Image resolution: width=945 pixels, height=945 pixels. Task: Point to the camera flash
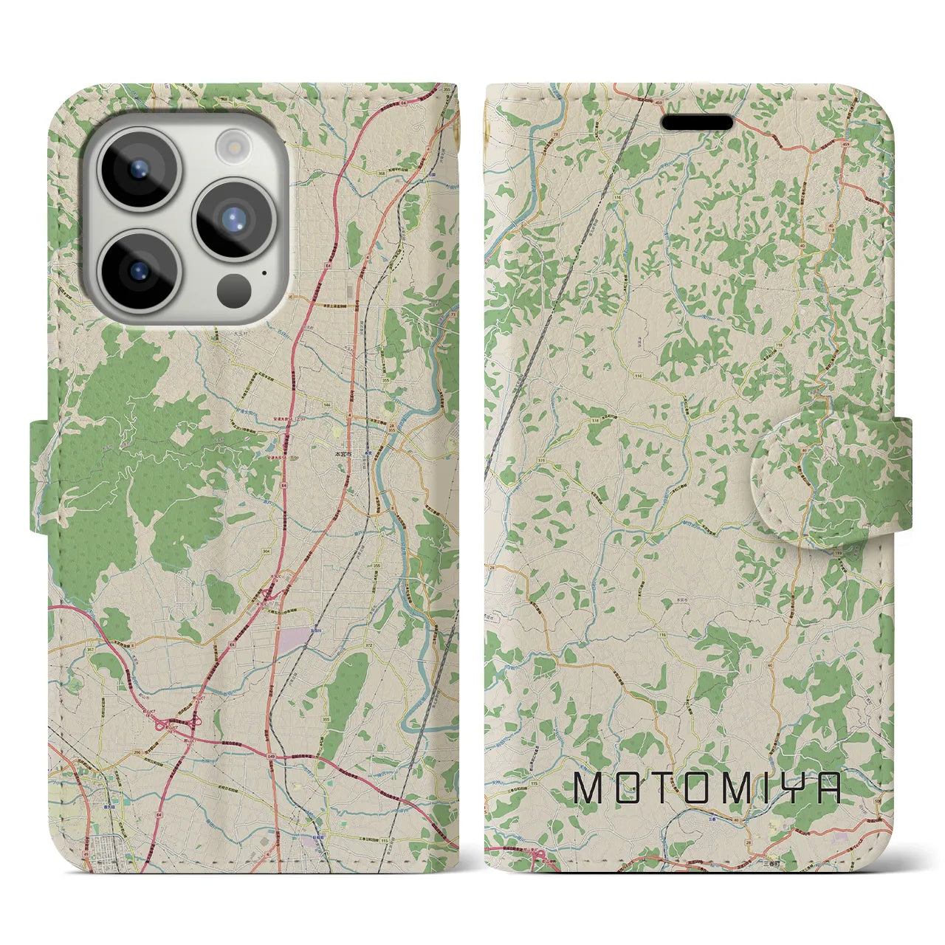234,142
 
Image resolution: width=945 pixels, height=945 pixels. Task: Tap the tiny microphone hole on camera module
264,272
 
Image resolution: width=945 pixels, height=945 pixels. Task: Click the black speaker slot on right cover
696,122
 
